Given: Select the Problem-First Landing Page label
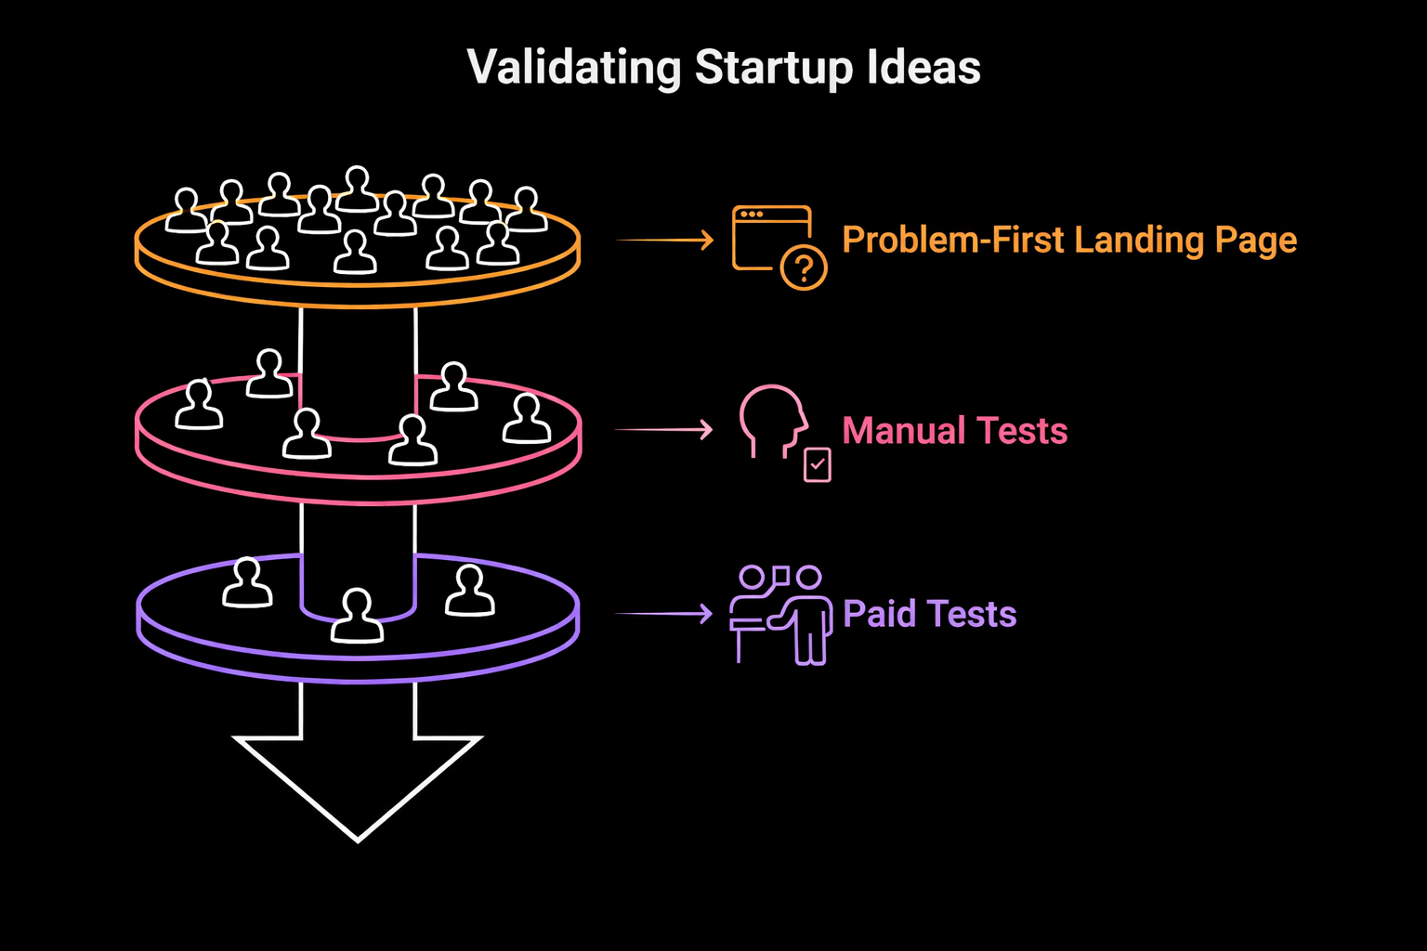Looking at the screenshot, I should pyautogui.click(x=1068, y=241).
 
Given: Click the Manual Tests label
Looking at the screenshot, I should pyautogui.click(x=954, y=431).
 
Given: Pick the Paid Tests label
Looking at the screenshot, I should pyautogui.click(x=929, y=614).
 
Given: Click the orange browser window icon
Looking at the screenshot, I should pyautogui.click(x=769, y=237).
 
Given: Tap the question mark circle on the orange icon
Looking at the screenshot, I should pyautogui.click(x=804, y=268).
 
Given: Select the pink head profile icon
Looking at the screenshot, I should pyautogui.click(x=771, y=420).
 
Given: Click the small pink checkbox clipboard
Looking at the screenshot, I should pyautogui.click(x=818, y=463).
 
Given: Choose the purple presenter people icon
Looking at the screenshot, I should pyautogui.click(x=780, y=615).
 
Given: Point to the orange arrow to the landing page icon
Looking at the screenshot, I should pyautogui.click(x=665, y=241).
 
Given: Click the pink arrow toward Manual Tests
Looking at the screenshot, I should pyautogui.click(x=663, y=430).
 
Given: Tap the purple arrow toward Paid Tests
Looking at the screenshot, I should pyautogui.click(x=663, y=614).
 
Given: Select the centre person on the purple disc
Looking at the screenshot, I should pyautogui.click(x=357, y=617).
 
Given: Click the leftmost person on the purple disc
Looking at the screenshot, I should pyautogui.click(x=247, y=584).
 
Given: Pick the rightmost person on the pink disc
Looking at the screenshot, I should pyautogui.click(x=527, y=420).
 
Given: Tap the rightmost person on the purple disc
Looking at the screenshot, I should pyautogui.click(x=470, y=592).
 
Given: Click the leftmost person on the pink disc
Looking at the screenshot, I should pyautogui.click(x=199, y=405).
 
